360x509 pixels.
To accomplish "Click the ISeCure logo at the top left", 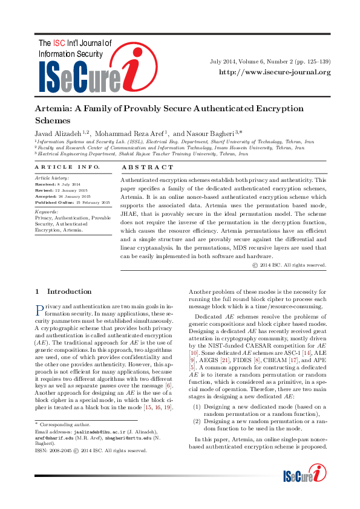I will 90,66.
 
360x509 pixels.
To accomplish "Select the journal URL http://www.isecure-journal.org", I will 275,73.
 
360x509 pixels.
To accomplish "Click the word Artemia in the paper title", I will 54,109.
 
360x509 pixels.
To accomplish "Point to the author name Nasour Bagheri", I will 198,132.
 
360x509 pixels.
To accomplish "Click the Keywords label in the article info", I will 46,212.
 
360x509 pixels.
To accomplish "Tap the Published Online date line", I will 72,203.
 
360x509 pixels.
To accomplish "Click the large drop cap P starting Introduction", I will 39,312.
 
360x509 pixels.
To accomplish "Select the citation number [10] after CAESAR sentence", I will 194,352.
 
